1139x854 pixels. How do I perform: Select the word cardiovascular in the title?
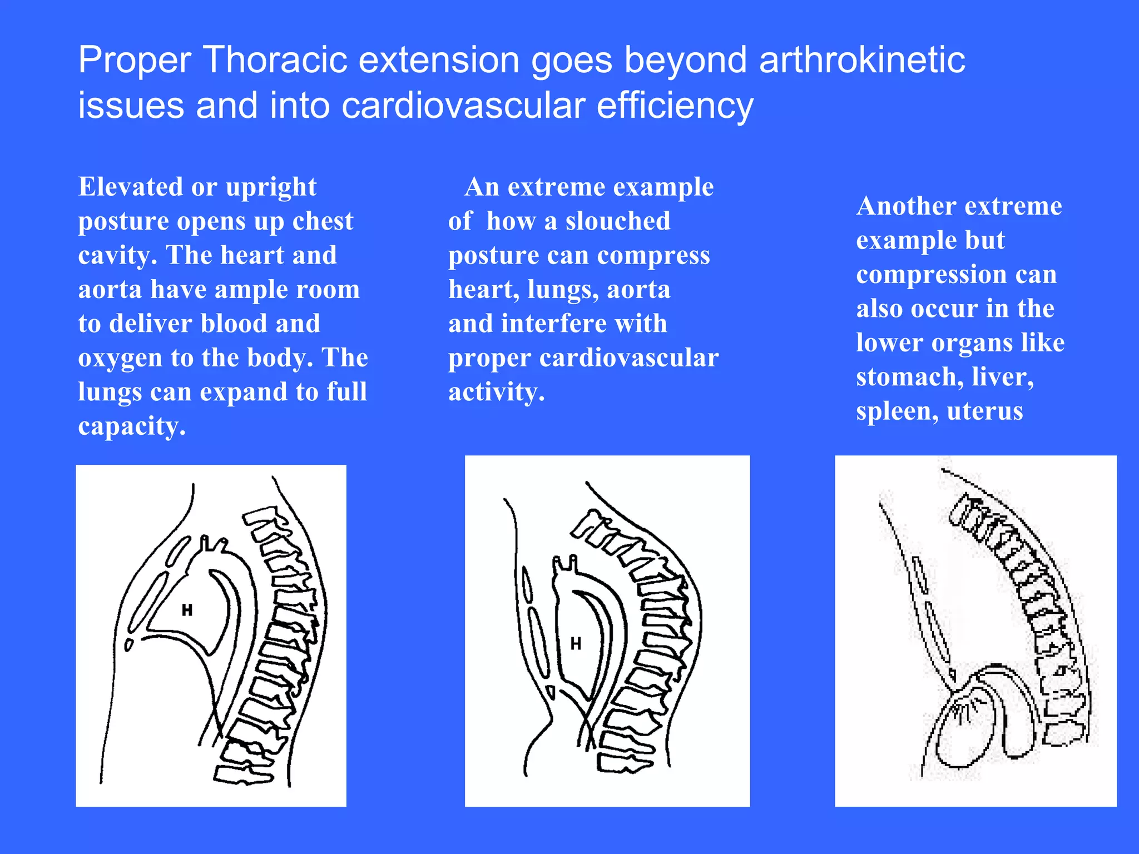tap(463, 106)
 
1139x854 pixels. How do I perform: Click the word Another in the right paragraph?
tap(902, 206)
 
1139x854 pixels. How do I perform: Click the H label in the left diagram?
tap(187, 610)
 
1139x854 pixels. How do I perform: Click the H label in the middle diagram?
tap(576, 644)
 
